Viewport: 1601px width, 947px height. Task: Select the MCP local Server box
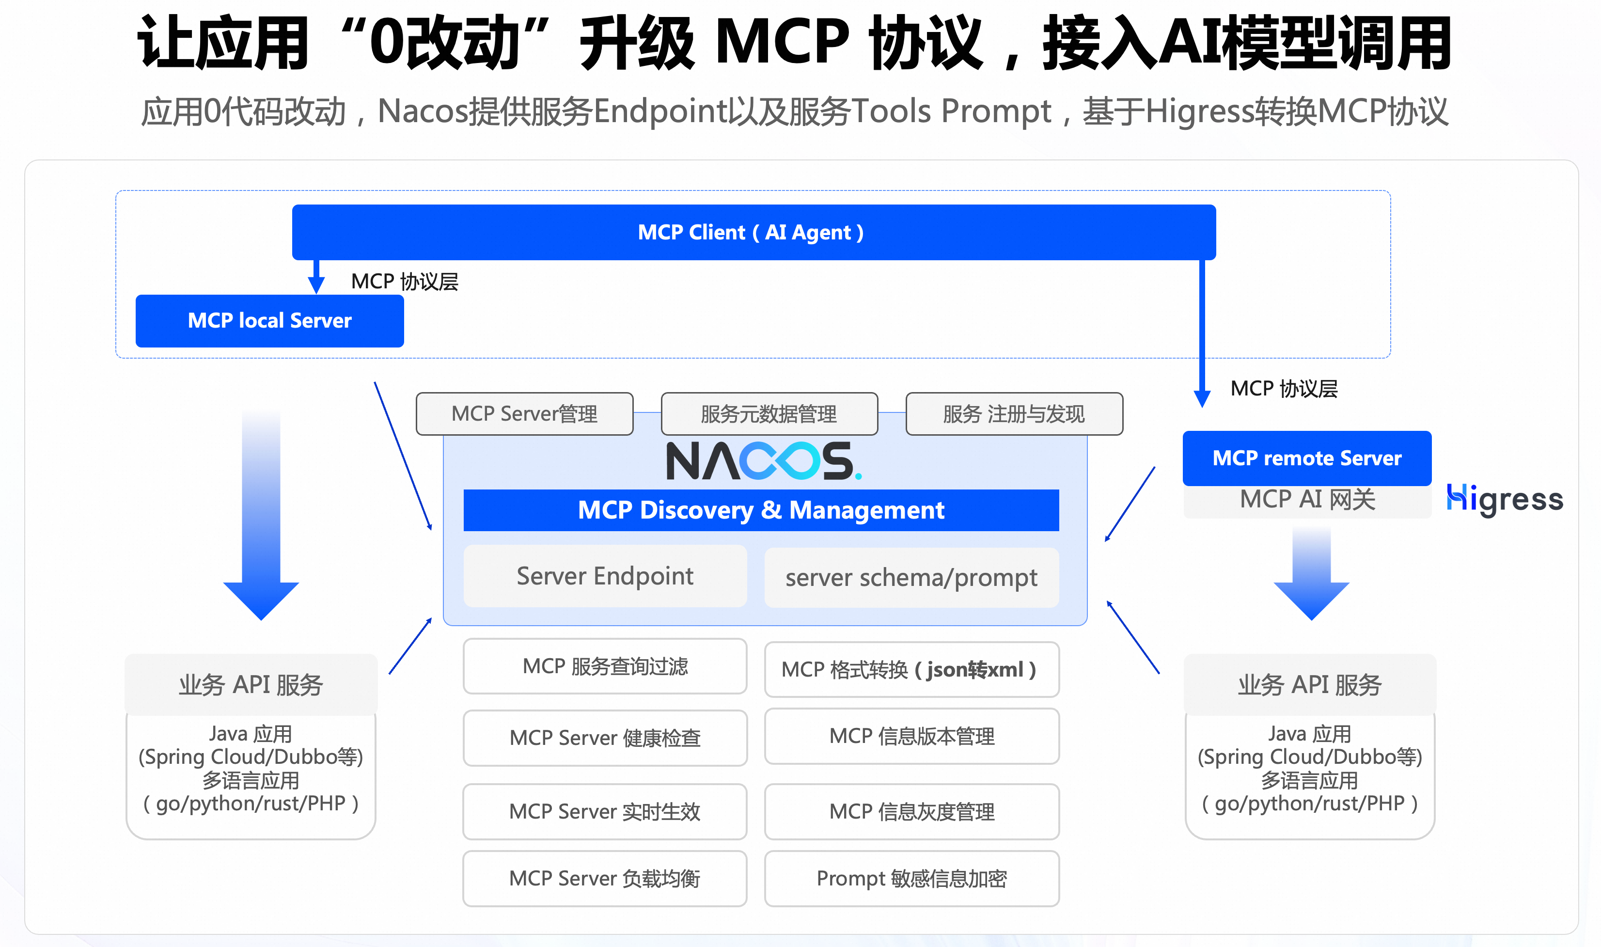point(269,320)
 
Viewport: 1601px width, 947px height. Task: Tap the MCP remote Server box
point(1306,458)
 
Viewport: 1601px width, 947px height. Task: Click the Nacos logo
point(763,461)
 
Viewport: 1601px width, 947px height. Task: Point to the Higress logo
point(1504,499)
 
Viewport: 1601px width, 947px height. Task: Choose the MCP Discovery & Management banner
point(761,510)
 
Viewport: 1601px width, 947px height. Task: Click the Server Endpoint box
point(605,576)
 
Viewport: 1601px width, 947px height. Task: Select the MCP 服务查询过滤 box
point(605,666)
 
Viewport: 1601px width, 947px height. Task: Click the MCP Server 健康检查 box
point(605,738)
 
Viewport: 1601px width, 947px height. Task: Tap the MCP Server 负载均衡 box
point(605,879)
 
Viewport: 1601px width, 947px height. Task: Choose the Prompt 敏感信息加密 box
point(911,879)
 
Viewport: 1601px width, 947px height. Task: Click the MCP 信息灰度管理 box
point(911,812)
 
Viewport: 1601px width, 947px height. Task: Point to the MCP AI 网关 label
point(1307,500)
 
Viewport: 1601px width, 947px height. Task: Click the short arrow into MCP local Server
point(316,278)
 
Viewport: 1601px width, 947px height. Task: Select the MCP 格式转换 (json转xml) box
point(911,669)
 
